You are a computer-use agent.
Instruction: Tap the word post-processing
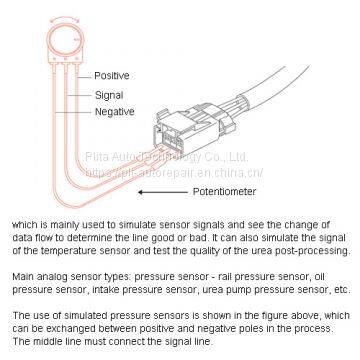point(313,250)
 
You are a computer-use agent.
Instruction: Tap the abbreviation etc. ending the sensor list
point(339,286)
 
